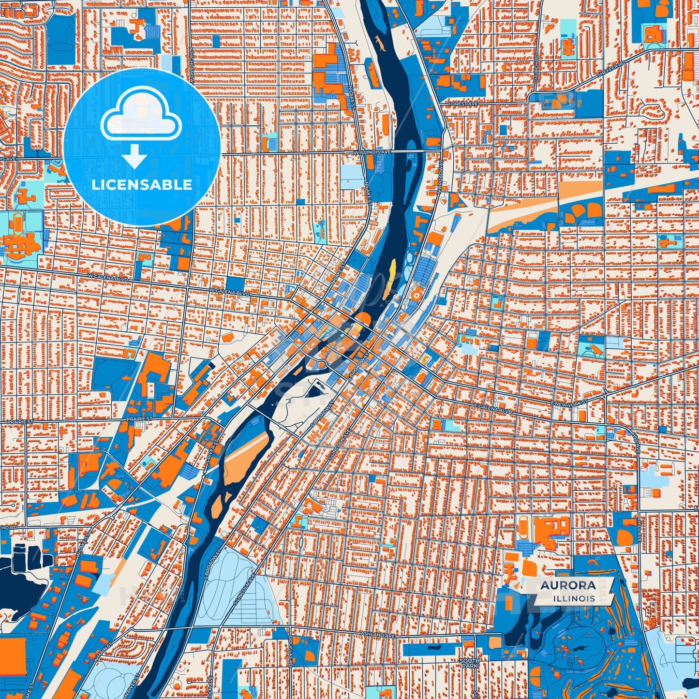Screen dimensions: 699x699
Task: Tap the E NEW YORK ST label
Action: coord(570,402)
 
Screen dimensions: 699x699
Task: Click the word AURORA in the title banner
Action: coord(568,585)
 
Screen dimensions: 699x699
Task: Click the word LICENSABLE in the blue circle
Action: coord(142,184)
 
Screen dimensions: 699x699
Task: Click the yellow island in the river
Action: coord(392,269)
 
